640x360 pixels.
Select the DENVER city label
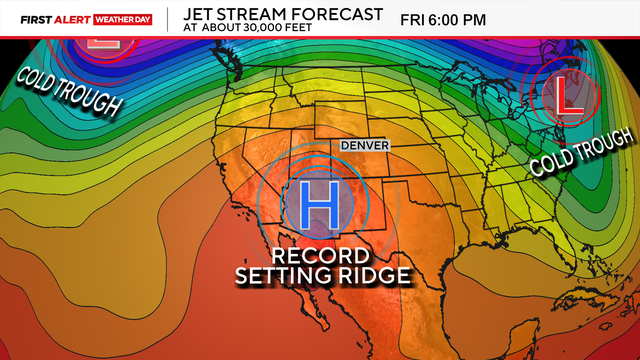[x=364, y=146]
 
